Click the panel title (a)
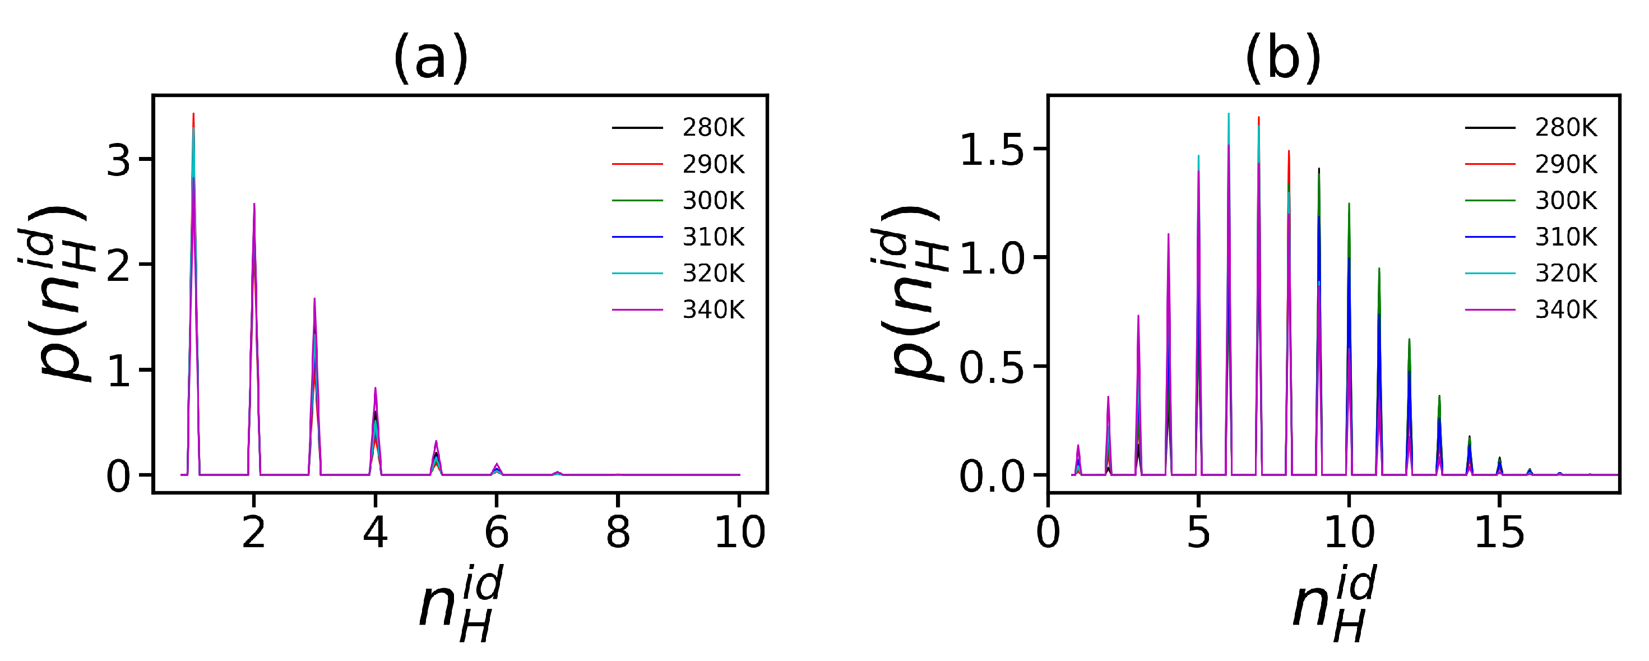point(430,59)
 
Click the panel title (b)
point(1283,59)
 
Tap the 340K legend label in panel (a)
point(713,310)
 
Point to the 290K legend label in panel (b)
point(1566,165)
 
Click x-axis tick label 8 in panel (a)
point(618,533)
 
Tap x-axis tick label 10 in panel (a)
point(739,533)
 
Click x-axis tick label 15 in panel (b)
point(1499,533)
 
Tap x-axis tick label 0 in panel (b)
point(1048,533)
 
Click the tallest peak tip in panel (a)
point(193,114)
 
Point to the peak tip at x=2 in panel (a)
point(254,204)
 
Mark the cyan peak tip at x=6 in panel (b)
point(1229,114)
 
